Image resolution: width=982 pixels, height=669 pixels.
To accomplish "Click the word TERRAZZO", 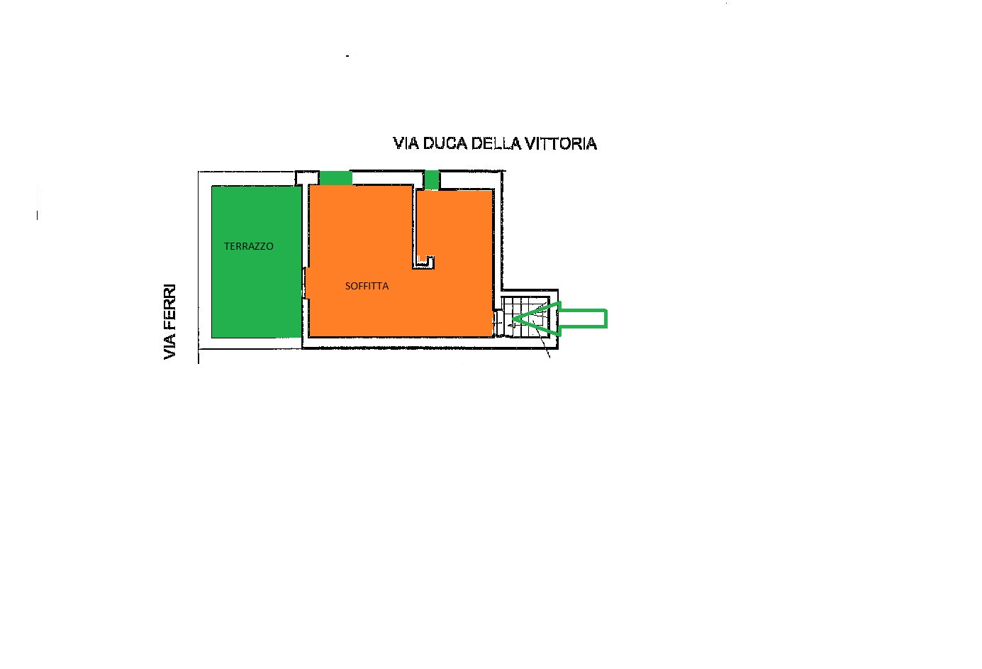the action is (249, 246).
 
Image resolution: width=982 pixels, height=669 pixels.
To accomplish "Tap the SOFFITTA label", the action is (367, 286).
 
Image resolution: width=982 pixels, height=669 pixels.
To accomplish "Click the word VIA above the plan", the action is (406, 143).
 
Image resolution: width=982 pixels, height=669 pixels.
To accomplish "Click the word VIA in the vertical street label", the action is (169, 345).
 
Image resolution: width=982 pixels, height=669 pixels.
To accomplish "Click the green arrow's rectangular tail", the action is (583, 319).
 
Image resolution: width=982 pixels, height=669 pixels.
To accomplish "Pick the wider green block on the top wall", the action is (335, 178).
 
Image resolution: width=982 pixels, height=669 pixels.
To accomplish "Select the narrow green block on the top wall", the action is (431, 180).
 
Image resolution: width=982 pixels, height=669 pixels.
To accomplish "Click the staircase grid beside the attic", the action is (525, 316).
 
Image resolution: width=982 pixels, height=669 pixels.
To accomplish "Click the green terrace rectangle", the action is (257, 262).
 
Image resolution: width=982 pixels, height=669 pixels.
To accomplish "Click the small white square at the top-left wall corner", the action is (307, 178).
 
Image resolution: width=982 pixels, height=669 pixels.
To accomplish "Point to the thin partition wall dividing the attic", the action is (413, 226).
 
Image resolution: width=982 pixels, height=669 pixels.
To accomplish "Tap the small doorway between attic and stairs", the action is (498, 324).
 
